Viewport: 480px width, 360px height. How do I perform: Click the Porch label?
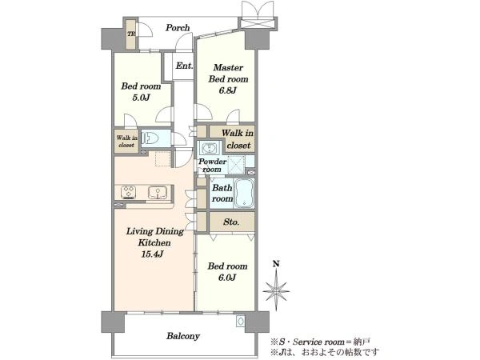(x=178, y=28)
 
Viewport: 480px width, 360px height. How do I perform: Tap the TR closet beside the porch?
(x=131, y=34)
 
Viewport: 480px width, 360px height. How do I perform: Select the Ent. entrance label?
(x=184, y=66)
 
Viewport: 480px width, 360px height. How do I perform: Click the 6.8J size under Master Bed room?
(x=228, y=91)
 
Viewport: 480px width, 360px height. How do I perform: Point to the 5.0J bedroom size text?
(x=141, y=98)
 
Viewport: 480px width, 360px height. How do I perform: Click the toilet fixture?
(x=150, y=138)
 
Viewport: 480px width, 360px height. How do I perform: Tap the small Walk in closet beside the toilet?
(x=126, y=142)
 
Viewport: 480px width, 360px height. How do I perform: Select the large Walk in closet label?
(x=238, y=139)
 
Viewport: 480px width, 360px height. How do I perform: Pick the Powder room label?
(x=212, y=166)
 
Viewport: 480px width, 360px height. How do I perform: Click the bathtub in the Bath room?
(x=244, y=193)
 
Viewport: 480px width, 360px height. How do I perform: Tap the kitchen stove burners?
(x=128, y=192)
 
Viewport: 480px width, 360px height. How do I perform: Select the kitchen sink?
(x=158, y=193)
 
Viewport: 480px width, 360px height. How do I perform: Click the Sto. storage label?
(x=231, y=222)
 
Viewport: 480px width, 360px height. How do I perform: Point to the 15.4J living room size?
(x=152, y=254)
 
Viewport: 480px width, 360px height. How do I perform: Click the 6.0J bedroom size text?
(x=227, y=278)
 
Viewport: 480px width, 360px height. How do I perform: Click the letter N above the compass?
(x=276, y=264)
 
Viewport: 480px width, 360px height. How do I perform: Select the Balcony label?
(x=183, y=336)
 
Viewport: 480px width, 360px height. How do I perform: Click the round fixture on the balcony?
(x=241, y=321)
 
